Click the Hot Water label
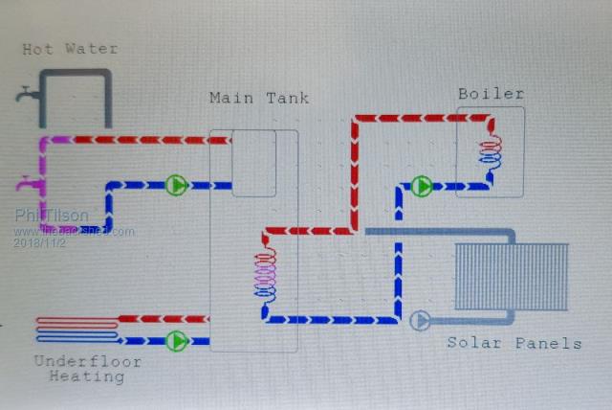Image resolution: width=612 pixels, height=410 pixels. [x=71, y=49]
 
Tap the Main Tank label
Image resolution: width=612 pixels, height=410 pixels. [x=258, y=99]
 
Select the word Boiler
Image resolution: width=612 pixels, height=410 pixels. [x=491, y=93]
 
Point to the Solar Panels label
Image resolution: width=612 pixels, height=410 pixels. [x=514, y=343]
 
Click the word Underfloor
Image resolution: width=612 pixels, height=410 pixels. [x=87, y=361]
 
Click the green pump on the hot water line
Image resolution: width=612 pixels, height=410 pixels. [x=176, y=185]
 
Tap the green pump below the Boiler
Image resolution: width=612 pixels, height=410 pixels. [x=422, y=186]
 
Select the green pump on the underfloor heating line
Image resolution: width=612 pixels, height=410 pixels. [x=176, y=340]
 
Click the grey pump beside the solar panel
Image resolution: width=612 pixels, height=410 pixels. [x=420, y=320]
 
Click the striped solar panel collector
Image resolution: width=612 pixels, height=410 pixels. [x=511, y=275]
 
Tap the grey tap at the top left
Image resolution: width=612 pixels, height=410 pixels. [x=26, y=95]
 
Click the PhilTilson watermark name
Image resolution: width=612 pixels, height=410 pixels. [x=54, y=217]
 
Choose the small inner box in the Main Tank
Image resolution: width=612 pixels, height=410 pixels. [x=253, y=163]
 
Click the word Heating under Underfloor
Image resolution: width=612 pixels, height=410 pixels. [x=88, y=376]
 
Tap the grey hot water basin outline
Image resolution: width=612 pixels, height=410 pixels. [x=76, y=96]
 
